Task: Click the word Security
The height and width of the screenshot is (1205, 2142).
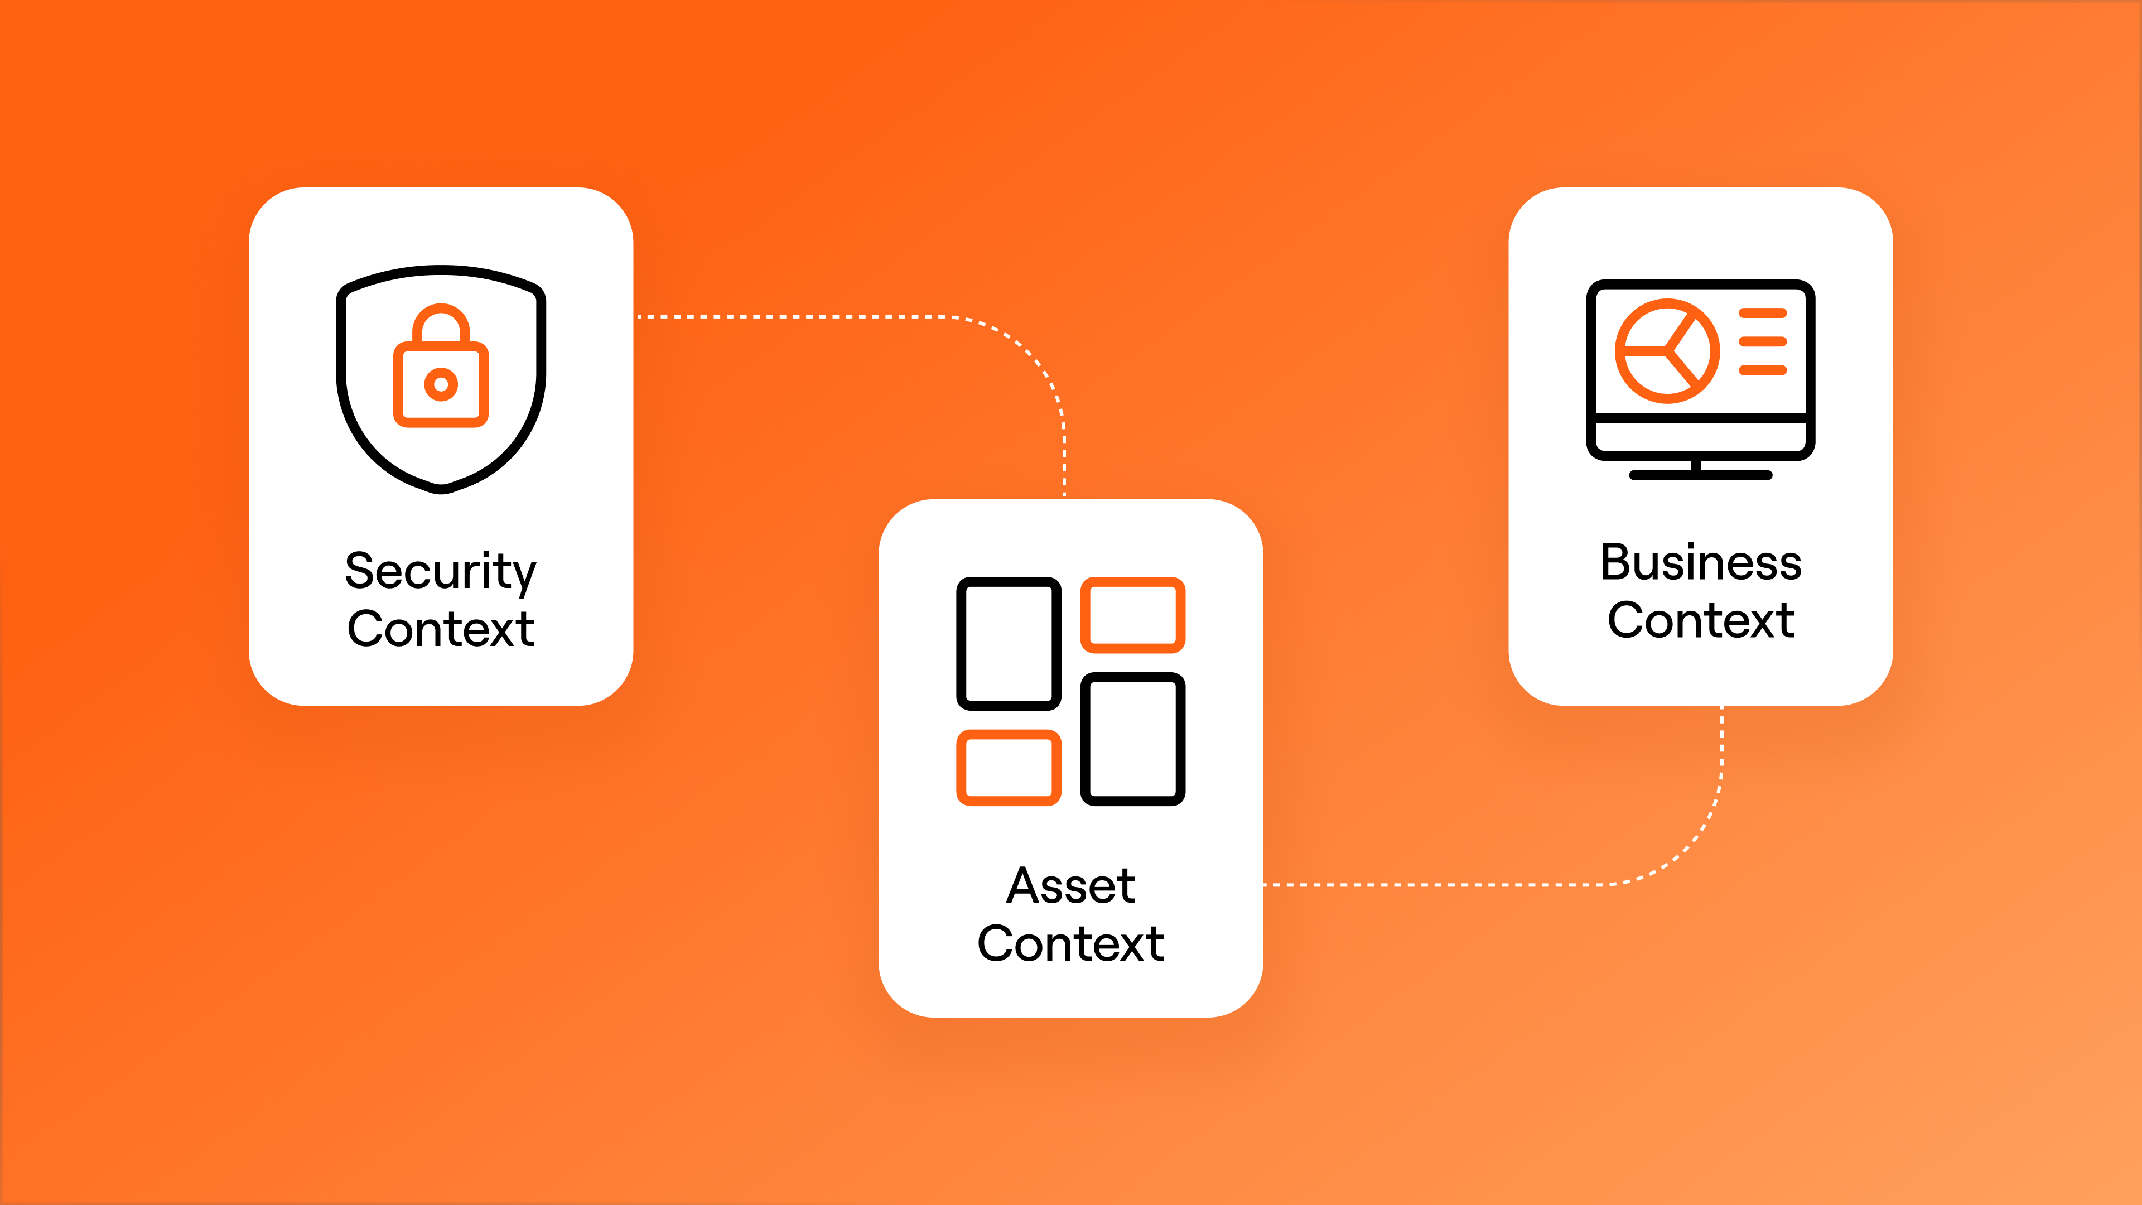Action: click(x=441, y=572)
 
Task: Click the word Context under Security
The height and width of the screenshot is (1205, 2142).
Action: click(x=441, y=629)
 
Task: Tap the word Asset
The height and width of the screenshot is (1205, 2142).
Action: click(x=1071, y=886)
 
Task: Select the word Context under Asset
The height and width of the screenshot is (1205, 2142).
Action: click(x=1071, y=944)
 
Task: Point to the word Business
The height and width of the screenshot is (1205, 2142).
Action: click(x=1700, y=563)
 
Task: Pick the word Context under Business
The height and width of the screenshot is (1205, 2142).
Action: click(x=1700, y=620)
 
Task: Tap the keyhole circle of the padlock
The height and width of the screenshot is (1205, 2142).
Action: click(x=441, y=384)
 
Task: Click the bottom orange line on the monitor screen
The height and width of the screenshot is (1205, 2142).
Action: click(x=1762, y=370)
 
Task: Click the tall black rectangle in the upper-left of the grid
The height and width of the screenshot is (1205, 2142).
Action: click(x=1009, y=643)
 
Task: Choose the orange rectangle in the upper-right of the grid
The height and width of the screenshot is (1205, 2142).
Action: click(x=1132, y=615)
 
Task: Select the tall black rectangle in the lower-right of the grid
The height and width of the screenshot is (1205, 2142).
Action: click(x=1132, y=739)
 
